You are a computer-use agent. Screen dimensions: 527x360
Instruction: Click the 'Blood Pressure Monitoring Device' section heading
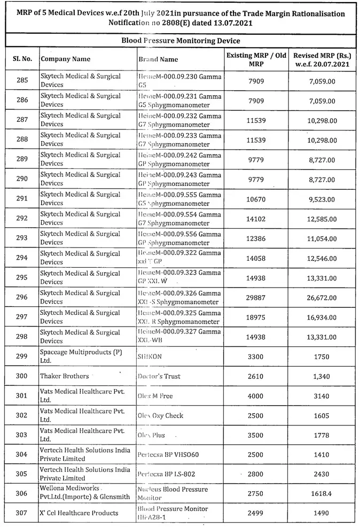[180, 41]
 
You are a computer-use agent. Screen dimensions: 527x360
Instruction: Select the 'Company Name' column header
[66, 59]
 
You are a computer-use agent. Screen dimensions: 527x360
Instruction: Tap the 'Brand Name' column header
[158, 59]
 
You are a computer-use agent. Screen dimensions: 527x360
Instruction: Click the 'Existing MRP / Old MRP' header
[256, 59]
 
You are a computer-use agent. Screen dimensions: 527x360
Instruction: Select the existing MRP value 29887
[256, 298]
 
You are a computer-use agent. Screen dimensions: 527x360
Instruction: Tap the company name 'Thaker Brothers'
[65, 376]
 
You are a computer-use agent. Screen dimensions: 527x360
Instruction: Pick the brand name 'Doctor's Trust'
[159, 376]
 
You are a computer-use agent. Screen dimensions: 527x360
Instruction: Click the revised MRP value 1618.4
[321, 493]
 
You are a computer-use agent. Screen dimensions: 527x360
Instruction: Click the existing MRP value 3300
[256, 356]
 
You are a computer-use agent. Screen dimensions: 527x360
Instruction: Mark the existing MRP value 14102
[256, 219]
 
